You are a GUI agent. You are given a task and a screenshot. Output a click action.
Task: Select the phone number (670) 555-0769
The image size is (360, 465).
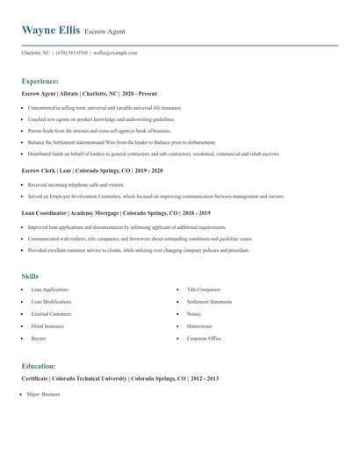[x=71, y=53]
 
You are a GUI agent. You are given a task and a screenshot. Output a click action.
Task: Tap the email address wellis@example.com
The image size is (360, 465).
[x=115, y=53]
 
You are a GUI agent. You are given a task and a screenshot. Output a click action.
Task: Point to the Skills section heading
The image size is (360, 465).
[x=30, y=275]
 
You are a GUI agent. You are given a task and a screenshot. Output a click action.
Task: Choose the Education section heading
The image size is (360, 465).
[x=39, y=365]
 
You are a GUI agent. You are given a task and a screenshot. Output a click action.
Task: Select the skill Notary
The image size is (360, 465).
[x=194, y=313]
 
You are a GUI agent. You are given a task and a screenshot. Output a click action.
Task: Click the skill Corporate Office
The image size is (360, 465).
[x=204, y=338]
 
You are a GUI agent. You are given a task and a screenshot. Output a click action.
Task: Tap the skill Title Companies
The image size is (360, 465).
[x=204, y=289]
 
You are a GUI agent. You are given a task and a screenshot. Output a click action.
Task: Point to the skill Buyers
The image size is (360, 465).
[x=39, y=338]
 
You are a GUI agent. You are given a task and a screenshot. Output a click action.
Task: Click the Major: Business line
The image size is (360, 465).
[x=44, y=396]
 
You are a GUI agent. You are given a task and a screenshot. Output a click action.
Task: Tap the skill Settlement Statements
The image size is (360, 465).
[x=209, y=301]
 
